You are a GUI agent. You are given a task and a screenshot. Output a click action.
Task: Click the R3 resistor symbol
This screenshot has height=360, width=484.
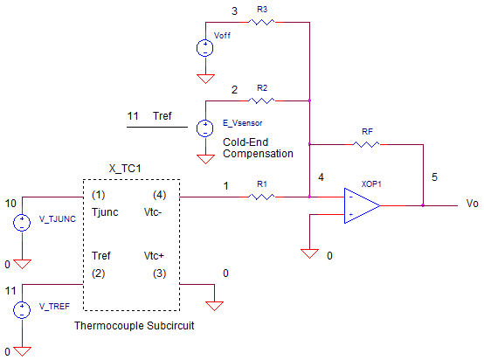pos(261,22)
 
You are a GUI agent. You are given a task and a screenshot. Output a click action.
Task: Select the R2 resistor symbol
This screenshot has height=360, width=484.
pos(261,100)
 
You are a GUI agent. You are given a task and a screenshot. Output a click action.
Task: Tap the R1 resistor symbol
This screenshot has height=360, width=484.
pos(261,197)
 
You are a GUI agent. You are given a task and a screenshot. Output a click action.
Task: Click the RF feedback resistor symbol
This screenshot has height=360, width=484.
pos(366,144)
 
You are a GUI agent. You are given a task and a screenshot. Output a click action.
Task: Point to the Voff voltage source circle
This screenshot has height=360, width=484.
pos(205,48)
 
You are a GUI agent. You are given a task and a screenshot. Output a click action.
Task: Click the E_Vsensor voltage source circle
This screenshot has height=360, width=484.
pos(205,128)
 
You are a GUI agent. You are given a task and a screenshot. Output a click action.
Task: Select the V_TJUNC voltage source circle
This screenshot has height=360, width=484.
pos(22,223)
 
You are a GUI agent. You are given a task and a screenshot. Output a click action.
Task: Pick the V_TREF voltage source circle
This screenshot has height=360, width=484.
pos(22,310)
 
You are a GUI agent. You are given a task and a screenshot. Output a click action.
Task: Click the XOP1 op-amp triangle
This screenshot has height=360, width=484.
pos(362,205)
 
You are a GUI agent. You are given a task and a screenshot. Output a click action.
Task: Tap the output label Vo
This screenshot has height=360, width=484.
pos(472,204)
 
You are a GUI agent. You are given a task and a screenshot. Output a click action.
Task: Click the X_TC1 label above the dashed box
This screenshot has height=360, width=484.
pos(125,169)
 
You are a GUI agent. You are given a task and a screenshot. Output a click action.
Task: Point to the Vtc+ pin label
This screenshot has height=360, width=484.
pos(154,256)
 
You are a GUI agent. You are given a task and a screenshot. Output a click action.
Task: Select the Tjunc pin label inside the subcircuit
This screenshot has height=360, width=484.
pos(105,212)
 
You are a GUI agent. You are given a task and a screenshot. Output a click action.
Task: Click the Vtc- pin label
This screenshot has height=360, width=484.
pos(153,212)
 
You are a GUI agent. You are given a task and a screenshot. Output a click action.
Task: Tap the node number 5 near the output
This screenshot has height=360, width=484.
pos(434,177)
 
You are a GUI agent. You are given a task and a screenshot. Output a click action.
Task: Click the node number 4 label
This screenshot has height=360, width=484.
pos(321,177)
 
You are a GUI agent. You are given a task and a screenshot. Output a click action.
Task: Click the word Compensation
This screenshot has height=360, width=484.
pos(258,154)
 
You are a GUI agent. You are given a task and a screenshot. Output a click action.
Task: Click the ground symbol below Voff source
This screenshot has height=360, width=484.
pos(205,79)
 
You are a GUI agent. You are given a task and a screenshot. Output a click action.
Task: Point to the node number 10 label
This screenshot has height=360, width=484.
pos(10,204)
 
